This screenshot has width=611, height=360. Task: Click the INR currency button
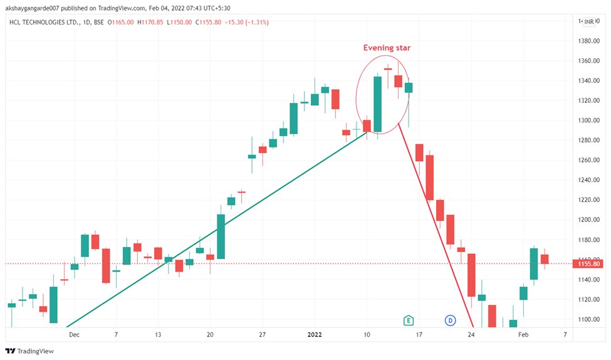click(589, 23)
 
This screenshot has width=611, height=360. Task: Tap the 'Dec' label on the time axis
click(75, 335)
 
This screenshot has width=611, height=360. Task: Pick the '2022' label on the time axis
click(315, 335)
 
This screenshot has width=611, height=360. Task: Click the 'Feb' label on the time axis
click(523, 335)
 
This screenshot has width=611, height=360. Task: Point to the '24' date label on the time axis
click(471, 335)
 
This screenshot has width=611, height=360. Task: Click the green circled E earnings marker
click(408, 320)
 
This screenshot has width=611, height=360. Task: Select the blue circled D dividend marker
click(449, 320)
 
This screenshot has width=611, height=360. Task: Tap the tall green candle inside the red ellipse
click(377, 104)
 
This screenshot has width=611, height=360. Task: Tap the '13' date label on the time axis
click(158, 335)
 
